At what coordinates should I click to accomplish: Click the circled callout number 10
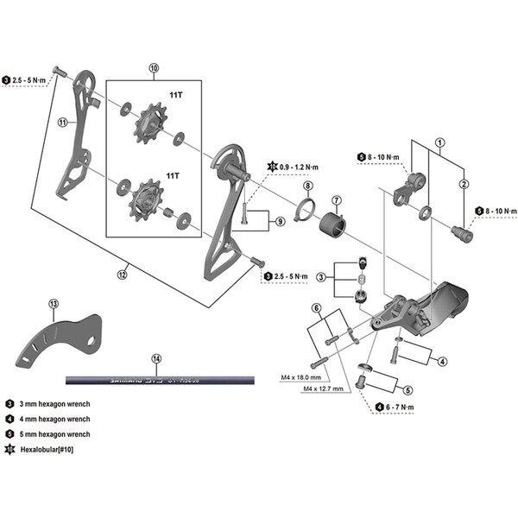coord(154,67)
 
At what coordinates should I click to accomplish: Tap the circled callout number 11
coord(62,123)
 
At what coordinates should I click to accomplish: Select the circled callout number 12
coord(123,275)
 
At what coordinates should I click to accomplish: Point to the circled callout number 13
coord(54,304)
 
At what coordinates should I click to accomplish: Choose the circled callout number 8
coord(307,186)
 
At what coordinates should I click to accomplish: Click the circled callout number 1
coord(439,142)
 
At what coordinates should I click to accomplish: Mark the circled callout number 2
coord(464,184)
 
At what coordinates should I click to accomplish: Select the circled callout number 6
coord(317,308)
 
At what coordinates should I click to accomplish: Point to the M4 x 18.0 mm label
coord(300,377)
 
